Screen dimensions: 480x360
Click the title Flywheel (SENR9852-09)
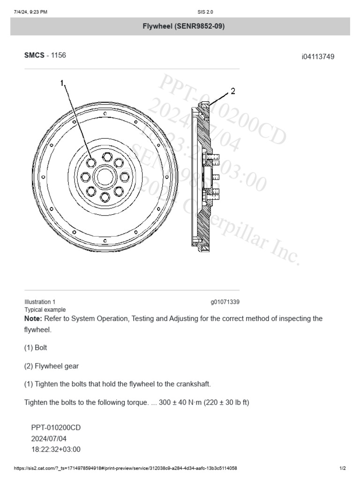tap(183, 26)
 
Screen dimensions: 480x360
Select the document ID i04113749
tap(318, 57)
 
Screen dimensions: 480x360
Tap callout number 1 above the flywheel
tap(62, 84)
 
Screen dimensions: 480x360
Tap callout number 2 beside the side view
tap(233, 90)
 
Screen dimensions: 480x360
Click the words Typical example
tap(45, 309)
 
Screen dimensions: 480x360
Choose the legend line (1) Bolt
tap(36, 348)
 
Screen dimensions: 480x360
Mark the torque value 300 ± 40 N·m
tap(185, 402)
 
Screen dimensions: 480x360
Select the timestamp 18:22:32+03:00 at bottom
tap(56, 449)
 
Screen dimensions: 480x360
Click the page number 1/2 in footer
tap(343, 468)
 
